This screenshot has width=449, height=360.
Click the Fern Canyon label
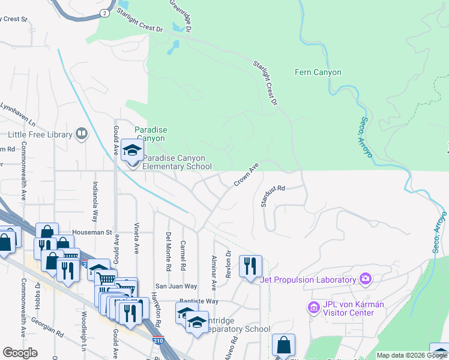318,73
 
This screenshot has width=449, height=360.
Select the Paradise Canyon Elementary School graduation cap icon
130,150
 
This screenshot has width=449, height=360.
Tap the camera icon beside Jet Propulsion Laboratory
364,278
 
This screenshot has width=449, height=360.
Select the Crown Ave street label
246,173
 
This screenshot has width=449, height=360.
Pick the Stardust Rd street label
272,196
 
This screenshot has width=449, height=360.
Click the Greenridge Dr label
180,15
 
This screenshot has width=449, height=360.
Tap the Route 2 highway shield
106,13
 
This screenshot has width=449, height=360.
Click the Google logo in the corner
20,353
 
